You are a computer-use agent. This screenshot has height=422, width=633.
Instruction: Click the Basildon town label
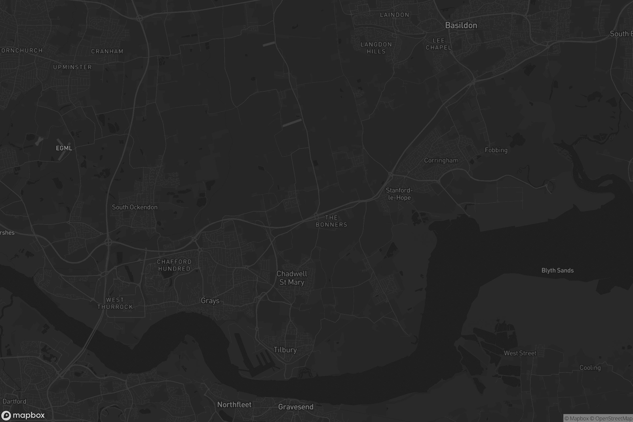point(461,26)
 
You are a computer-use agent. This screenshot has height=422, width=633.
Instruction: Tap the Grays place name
point(210,301)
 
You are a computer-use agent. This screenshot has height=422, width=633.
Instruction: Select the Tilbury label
point(285,350)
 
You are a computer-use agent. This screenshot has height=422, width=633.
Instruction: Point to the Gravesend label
point(295,407)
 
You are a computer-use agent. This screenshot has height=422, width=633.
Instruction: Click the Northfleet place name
point(234,405)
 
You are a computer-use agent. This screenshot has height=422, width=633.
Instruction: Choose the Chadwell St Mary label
point(292,278)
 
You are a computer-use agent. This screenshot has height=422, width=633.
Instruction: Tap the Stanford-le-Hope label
point(399,194)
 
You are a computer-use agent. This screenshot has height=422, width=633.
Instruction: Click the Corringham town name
point(441,160)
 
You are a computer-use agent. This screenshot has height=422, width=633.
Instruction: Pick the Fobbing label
point(496,150)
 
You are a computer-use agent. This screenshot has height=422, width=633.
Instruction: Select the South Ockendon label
point(135,207)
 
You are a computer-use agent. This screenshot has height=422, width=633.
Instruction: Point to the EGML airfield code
point(64,148)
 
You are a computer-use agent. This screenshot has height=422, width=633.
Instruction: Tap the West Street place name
point(520,353)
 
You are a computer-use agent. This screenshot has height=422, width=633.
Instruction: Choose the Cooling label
point(590,368)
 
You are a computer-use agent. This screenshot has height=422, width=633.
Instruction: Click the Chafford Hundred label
point(174,265)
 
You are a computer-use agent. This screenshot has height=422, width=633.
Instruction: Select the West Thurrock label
point(115,303)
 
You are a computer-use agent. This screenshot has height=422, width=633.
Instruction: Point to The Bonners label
point(331,221)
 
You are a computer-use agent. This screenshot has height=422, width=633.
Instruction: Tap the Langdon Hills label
point(376,48)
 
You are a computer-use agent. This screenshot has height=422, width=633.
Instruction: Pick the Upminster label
point(72,67)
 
